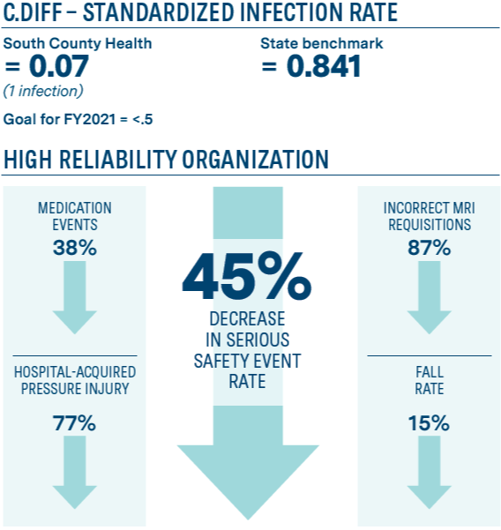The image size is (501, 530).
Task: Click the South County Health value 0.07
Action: (49, 67)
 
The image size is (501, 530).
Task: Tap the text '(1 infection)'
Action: (43, 91)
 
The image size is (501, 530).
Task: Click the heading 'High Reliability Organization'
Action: (166, 160)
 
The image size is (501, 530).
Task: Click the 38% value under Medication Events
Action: (74, 248)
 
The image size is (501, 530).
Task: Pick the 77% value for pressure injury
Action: (74, 422)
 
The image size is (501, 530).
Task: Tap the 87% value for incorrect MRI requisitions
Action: (429, 248)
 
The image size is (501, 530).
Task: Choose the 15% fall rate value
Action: (429, 422)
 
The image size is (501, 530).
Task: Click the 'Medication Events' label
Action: (74, 216)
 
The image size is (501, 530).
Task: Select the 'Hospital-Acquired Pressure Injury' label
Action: (74, 380)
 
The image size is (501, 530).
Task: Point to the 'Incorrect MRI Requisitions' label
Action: (429, 216)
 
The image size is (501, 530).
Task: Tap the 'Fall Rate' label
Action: (430, 380)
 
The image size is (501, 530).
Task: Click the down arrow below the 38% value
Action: (74, 300)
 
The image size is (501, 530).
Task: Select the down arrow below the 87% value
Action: (429, 300)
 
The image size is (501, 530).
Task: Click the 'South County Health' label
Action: (78, 43)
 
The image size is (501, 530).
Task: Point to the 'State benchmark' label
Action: (321, 43)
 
